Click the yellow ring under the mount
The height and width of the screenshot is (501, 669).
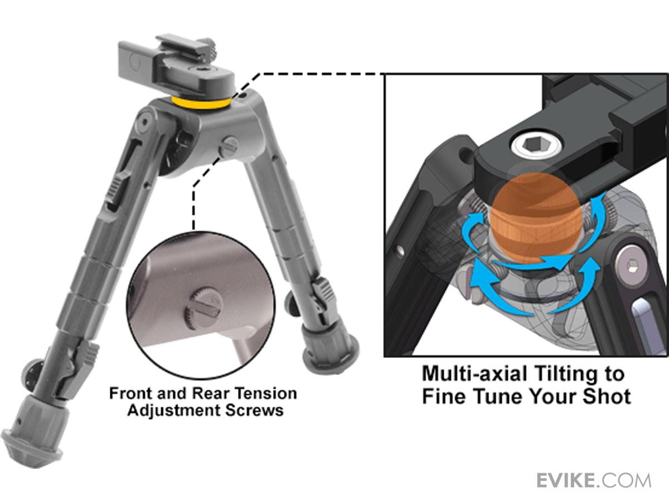tap(201, 104)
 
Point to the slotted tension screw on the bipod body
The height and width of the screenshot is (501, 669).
tap(229, 147)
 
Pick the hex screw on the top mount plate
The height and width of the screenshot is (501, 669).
tap(201, 70)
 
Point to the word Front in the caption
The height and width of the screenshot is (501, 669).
tap(130, 394)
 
